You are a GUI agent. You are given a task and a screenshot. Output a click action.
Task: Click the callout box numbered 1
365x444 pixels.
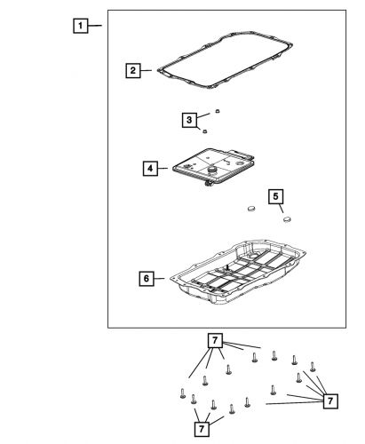tap(81, 26)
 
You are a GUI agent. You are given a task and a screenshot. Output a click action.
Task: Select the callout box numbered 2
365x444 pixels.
tap(133, 70)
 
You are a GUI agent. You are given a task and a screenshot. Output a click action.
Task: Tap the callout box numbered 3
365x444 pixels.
tap(189, 120)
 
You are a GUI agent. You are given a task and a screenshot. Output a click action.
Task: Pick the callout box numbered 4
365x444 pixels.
tap(150, 169)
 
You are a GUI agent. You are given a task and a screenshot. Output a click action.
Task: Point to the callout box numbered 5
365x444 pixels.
tap(275, 196)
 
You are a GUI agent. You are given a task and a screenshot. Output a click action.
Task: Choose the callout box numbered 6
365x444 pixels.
tap(147, 279)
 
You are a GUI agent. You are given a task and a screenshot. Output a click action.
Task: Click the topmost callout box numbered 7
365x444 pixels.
tap(215, 340)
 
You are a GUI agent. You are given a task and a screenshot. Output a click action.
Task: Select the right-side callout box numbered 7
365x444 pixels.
tap(330, 401)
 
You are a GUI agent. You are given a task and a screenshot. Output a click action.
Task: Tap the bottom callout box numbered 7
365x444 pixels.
tap(202, 429)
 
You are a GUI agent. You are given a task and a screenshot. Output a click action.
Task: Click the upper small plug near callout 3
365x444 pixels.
tap(218, 111)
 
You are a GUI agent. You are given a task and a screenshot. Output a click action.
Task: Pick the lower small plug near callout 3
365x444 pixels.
tap(204, 131)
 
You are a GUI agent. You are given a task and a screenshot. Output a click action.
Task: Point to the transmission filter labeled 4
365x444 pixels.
tap(214, 168)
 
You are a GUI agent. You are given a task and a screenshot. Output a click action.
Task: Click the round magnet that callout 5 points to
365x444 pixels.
tap(287, 219)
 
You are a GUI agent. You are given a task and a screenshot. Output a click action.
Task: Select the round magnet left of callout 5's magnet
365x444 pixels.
tap(251, 209)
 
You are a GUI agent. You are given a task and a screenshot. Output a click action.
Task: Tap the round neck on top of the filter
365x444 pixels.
tap(212, 170)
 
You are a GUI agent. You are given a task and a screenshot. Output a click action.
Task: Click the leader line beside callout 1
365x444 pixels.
tap(95, 26)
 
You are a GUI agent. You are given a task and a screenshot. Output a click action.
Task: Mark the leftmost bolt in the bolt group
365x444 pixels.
tap(183, 393)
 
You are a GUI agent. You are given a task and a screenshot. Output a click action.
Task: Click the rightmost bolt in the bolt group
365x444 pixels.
tap(313, 367)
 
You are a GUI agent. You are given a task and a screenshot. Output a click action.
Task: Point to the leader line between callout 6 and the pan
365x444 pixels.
tap(159, 279)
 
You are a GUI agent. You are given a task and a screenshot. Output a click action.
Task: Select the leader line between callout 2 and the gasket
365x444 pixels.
tap(146, 70)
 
